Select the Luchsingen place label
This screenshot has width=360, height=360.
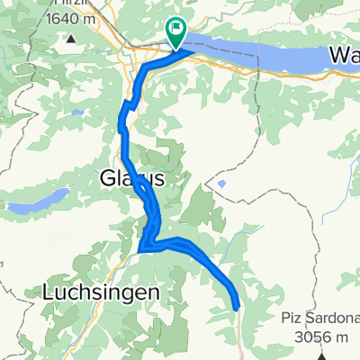pos(101,292)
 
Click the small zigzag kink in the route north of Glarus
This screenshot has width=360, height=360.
pos(128,107)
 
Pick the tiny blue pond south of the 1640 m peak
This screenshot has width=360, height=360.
pos(78,112)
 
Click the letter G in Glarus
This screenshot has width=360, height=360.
pos(103,179)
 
